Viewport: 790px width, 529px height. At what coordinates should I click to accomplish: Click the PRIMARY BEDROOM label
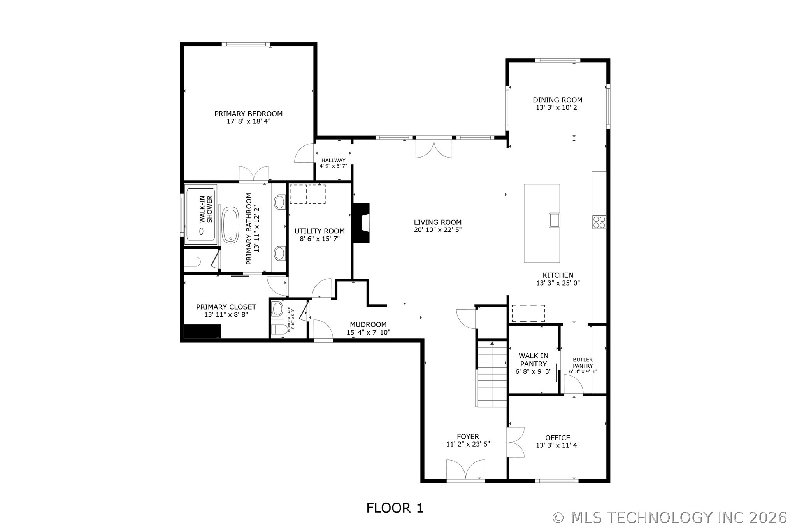tap(248, 114)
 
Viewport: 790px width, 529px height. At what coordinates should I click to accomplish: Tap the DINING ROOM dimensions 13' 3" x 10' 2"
tap(557, 108)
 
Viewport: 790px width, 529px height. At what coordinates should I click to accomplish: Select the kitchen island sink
tap(554, 220)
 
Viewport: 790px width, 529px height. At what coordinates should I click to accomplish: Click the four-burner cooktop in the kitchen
tap(599, 222)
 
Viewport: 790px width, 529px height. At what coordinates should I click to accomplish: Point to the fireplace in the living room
tap(361, 223)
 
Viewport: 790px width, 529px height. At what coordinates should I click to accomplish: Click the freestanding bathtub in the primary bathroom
tap(230, 225)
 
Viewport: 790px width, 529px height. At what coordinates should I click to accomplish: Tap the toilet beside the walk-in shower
tap(192, 261)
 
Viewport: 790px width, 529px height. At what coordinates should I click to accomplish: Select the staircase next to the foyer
tap(492, 373)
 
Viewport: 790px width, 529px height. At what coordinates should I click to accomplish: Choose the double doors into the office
tap(516, 442)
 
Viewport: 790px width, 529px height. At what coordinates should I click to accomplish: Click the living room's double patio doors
tap(434, 148)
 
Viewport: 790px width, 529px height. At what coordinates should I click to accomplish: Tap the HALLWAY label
tap(333, 160)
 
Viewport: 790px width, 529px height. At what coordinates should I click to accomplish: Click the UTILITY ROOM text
tap(319, 231)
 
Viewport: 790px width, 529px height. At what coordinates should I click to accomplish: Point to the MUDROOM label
tap(368, 324)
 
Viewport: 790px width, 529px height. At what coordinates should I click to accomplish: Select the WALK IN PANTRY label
tap(533, 360)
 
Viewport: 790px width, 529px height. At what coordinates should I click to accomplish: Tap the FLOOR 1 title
tap(394, 508)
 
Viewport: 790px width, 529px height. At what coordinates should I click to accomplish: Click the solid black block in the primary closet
tap(202, 331)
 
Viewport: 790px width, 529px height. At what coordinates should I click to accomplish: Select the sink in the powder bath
tap(277, 309)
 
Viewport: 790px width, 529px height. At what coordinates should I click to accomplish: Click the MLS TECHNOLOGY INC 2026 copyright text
tap(669, 518)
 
